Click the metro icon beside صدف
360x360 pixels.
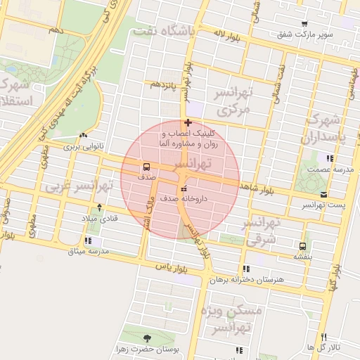click(x=146, y=167)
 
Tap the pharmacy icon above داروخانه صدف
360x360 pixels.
click(x=184, y=188)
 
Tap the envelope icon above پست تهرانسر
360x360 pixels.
click(x=323, y=194)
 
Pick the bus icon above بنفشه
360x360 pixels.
click(x=302, y=246)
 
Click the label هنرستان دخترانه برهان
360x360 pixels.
click(x=250, y=279)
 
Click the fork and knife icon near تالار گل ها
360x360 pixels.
click(x=323, y=337)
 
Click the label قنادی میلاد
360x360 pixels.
click(x=101, y=218)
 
